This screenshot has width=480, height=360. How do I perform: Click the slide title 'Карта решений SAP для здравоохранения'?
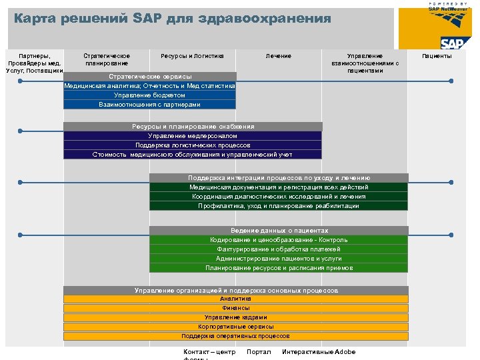172,19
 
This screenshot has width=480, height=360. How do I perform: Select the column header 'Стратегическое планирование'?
106,60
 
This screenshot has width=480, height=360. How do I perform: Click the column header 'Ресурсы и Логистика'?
193,56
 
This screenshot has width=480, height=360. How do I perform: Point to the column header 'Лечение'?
278,56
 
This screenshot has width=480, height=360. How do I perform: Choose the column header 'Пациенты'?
437,56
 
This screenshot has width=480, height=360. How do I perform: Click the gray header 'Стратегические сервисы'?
149,77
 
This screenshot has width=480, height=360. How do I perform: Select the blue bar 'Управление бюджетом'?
149,95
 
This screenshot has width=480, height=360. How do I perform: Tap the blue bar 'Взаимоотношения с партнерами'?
149,105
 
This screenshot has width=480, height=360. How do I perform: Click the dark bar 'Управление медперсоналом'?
192,136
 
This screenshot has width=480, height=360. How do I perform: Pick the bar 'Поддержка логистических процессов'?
192,145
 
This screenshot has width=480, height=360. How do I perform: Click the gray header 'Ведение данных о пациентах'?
279,231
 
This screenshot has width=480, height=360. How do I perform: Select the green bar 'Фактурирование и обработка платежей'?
279,249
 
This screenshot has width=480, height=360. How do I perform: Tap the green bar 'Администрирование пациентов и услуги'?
279,259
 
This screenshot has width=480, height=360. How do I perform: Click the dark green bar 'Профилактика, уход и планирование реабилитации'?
279,206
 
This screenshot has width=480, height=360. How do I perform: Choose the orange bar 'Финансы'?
235,308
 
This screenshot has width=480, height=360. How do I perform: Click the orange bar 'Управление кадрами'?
235,317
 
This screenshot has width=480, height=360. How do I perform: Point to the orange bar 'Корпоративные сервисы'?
235,327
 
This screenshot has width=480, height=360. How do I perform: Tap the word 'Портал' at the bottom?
259,352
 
